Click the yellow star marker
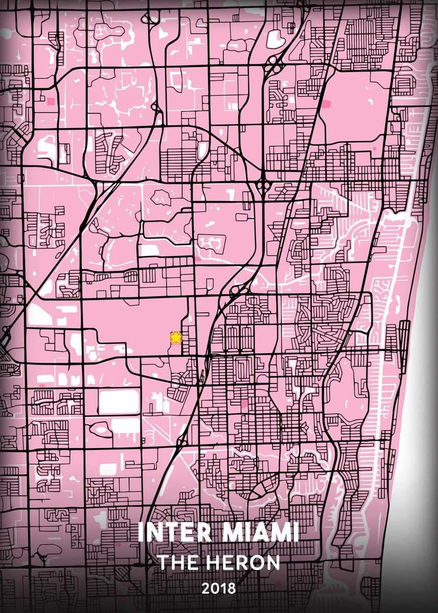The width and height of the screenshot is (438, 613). pos(176,337)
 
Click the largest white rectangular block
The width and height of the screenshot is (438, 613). pos(119,402)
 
